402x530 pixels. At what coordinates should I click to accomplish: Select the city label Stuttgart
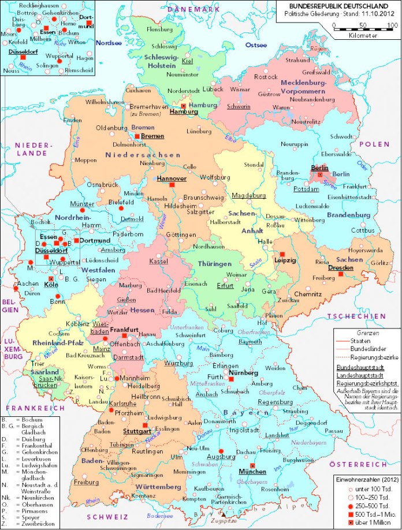pyautogui.click(x=136, y=431)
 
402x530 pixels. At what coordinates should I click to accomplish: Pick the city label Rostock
pyautogui.click(x=266, y=77)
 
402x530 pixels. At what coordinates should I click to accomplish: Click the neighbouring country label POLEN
pyautogui.click(x=374, y=144)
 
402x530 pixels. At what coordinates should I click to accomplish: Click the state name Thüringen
pyautogui.click(x=215, y=264)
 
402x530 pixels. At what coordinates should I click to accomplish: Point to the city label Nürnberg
pyautogui.click(x=244, y=373)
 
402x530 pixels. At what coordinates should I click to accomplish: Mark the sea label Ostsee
pyautogui.click(x=256, y=45)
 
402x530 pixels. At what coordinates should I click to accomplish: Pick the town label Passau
pyautogui.click(x=333, y=431)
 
